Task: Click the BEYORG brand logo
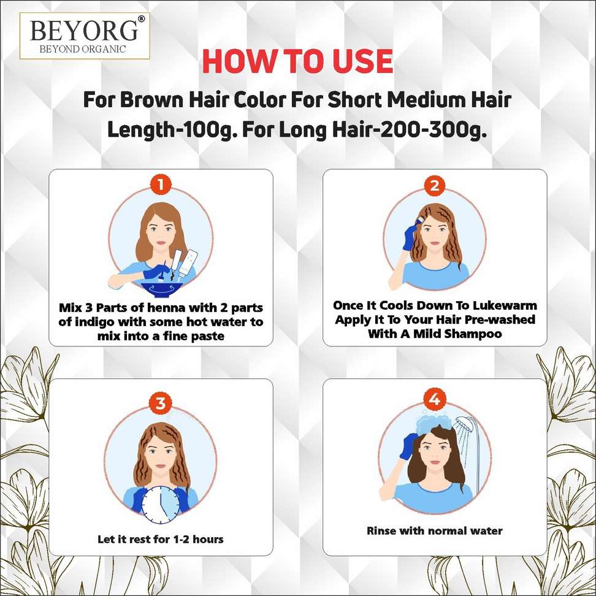[85, 36]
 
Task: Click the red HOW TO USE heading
[297, 61]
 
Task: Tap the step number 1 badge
[161, 185]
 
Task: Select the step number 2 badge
[435, 186]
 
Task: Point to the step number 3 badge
[161, 403]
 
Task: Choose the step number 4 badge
[435, 400]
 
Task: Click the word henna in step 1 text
[166, 307]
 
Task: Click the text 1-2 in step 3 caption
[181, 539]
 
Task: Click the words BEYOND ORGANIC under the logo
[83, 49]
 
